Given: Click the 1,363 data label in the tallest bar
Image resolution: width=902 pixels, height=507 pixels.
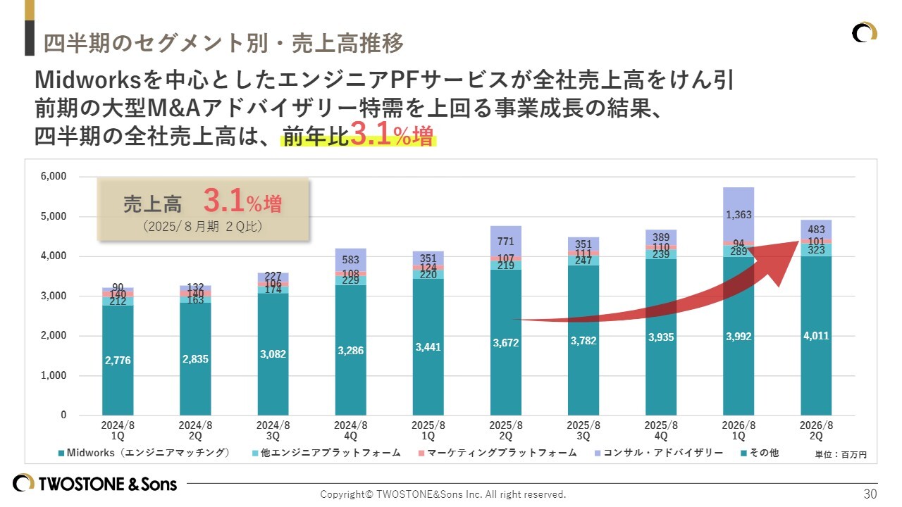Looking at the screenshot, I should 739,215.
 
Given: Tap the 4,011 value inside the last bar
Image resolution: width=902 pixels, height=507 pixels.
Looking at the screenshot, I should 816,336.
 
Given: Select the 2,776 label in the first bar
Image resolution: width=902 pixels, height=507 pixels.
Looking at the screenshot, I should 117,361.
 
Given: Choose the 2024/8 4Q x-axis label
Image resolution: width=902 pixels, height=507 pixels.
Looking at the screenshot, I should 350,430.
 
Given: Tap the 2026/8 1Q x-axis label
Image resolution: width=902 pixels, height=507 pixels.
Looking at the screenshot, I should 739,430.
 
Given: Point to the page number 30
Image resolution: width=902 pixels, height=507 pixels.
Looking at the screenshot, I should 870,494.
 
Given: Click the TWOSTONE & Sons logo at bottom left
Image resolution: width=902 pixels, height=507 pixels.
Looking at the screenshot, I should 95,484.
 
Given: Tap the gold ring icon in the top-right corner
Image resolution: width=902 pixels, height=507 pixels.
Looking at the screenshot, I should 865,33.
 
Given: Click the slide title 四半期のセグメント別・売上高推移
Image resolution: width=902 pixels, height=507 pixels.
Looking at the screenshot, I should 223,44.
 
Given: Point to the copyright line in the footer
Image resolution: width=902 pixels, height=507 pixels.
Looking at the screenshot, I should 443,494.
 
